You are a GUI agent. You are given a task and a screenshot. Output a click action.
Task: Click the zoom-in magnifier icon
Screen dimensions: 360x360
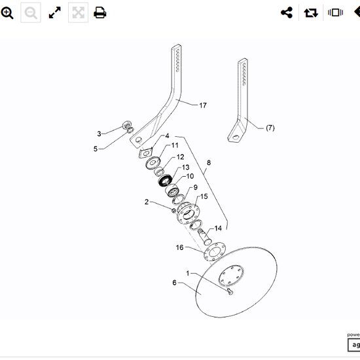pyautogui.click(x=8, y=12)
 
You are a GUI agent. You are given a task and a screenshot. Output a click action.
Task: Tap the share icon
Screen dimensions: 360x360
pyautogui.click(x=286, y=12)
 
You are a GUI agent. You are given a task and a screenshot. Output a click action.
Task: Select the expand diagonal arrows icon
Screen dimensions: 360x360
pyautogui.click(x=55, y=12)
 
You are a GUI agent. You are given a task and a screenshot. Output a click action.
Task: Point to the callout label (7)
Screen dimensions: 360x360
pyautogui.click(x=270, y=128)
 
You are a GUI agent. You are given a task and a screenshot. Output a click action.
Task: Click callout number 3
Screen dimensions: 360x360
pyautogui.click(x=99, y=134)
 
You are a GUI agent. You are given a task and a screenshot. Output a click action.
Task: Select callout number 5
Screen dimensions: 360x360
pyautogui.click(x=95, y=149)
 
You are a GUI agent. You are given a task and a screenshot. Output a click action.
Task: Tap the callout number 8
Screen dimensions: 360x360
pyautogui.click(x=208, y=162)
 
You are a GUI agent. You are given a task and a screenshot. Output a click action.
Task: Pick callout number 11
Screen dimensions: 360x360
pyautogui.click(x=175, y=145)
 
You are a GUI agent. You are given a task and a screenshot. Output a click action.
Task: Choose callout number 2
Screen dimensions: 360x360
pyautogui.click(x=147, y=202)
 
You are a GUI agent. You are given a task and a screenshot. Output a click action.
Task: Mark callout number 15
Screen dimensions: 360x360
pyautogui.click(x=204, y=196)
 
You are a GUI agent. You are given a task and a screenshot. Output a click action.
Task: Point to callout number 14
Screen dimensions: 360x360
pyautogui.click(x=218, y=228)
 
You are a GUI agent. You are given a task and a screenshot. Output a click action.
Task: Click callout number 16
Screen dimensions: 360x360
pyautogui.click(x=179, y=247)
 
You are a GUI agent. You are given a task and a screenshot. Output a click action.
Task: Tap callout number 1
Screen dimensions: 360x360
pyautogui.click(x=187, y=273)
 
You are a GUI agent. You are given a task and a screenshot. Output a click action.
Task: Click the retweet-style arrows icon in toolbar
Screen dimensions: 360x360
pyautogui.click(x=310, y=12)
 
